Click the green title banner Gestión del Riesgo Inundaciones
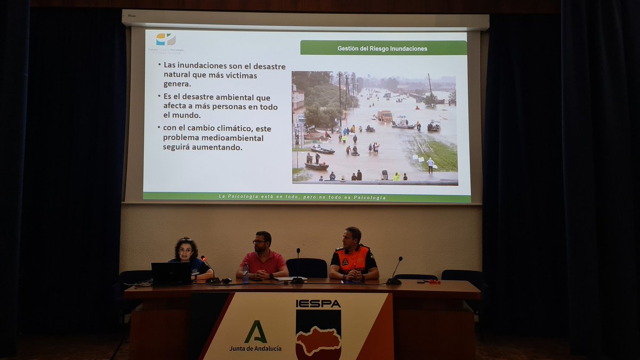[382, 48]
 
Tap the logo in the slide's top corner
[165, 40]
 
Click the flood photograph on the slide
[374, 128]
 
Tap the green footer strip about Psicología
[306, 197]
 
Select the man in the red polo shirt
[262, 258]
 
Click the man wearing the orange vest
[353, 256]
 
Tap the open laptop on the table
[171, 273]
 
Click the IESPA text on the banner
[318, 303]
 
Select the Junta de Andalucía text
[255, 348]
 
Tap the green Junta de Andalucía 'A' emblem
[255, 332]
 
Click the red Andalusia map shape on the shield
[318, 341]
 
